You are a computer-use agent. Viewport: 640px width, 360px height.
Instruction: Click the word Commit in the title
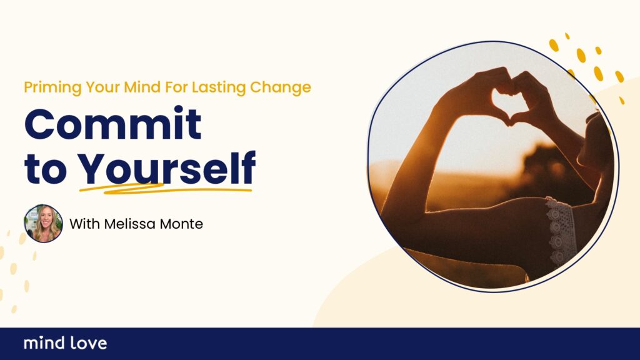click(x=113, y=123)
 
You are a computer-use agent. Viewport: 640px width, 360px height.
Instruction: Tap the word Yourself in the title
click(x=166, y=167)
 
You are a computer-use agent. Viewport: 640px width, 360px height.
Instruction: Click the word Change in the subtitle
click(x=281, y=87)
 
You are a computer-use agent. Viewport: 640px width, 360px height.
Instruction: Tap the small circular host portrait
click(x=43, y=224)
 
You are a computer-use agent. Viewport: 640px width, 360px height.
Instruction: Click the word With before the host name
click(x=84, y=224)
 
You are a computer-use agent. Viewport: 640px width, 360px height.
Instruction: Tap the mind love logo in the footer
click(x=65, y=343)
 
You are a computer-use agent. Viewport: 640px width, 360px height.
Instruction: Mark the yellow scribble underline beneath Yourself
click(x=165, y=189)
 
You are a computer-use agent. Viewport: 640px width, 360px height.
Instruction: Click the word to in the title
click(x=45, y=169)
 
